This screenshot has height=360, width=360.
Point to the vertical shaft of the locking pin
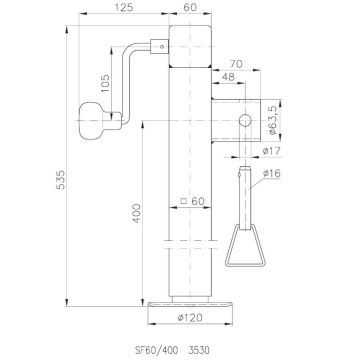[x=244, y=195]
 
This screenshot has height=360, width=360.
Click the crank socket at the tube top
[x=157, y=45]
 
